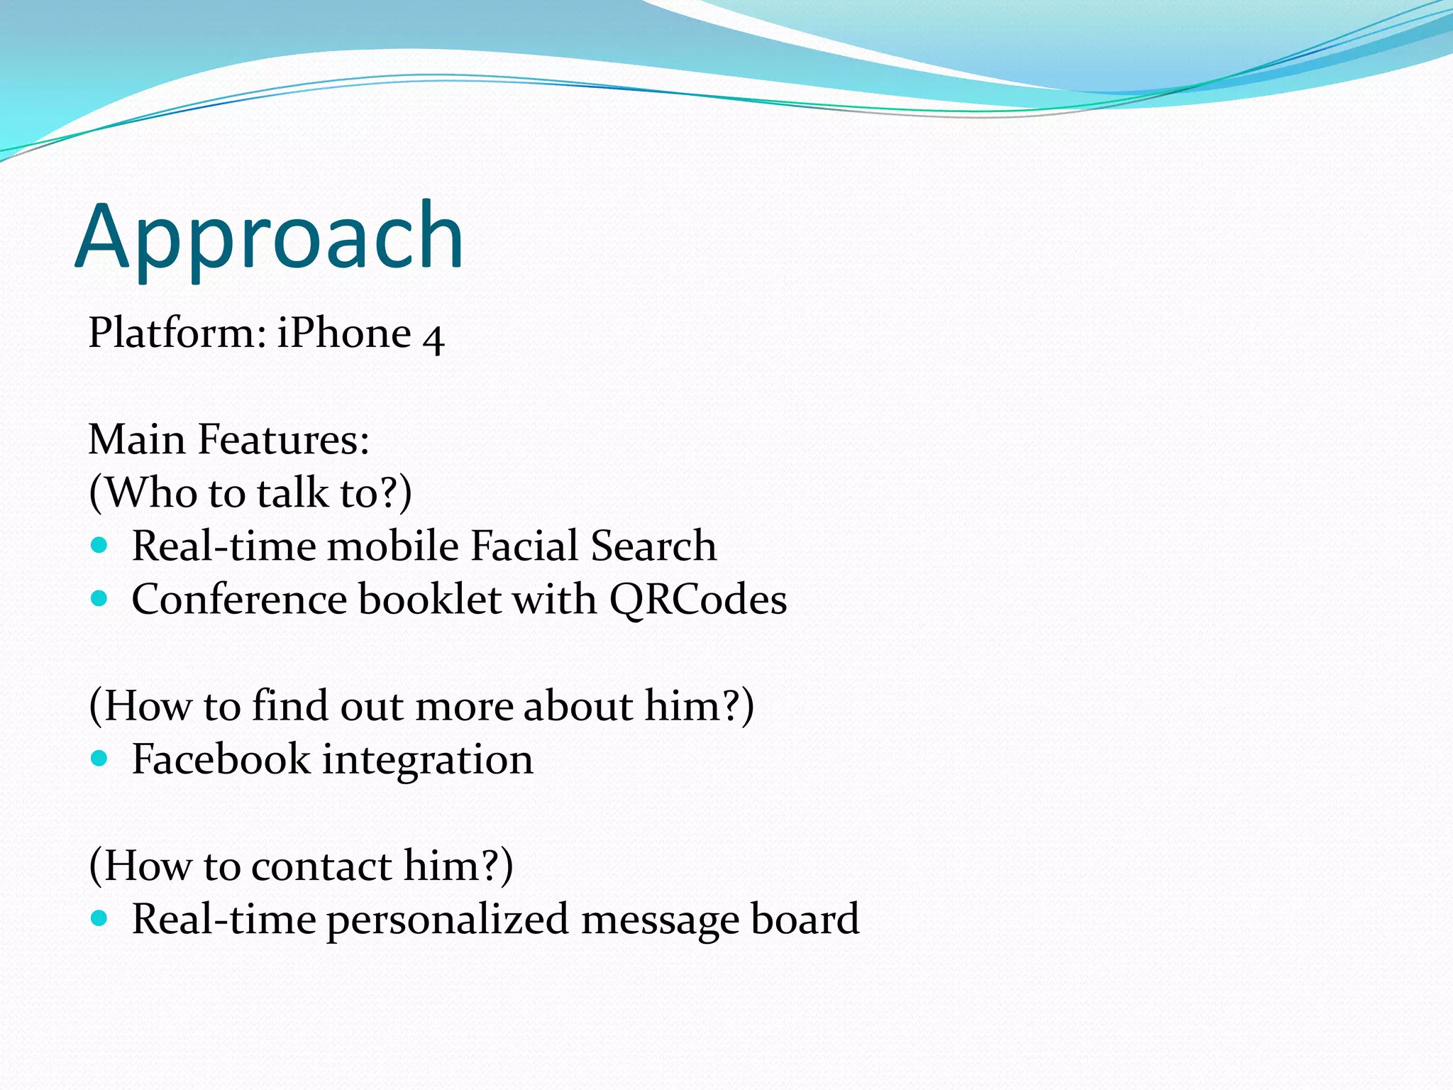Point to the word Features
[283, 439]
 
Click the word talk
[292, 492]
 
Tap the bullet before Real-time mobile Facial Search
[99, 545]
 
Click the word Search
[653, 546]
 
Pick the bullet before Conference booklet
[99, 598]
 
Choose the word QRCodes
[698, 600]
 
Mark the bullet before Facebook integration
[99, 758]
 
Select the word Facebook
[221, 759]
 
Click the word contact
[321, 866]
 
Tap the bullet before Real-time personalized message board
[99, 918]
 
